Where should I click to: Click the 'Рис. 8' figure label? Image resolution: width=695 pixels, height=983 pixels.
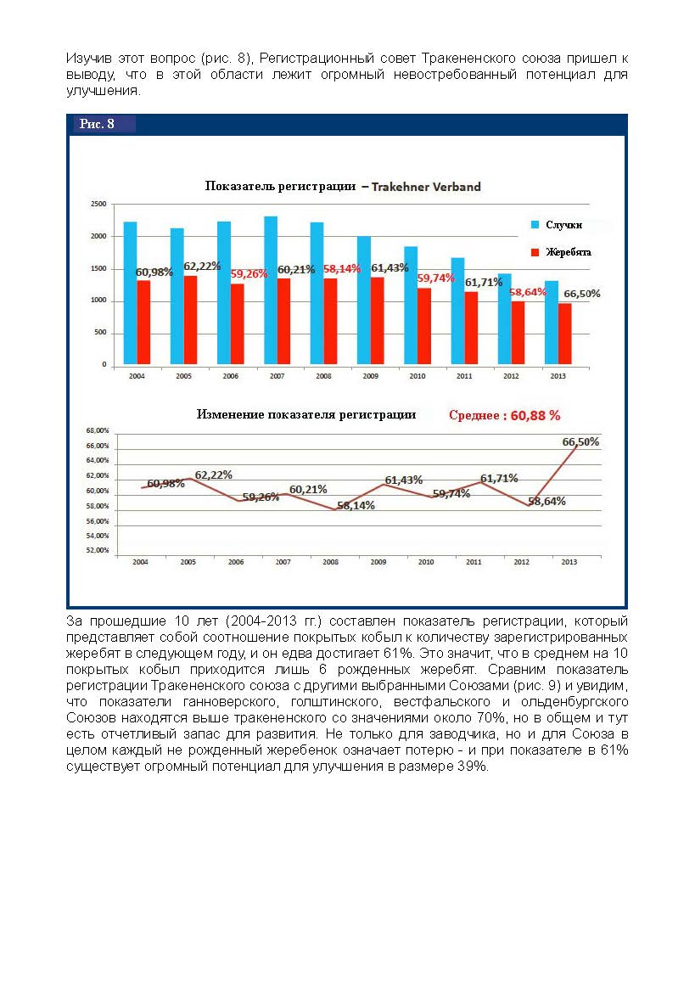point(97,125)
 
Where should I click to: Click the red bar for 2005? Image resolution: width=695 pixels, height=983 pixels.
point(191,320)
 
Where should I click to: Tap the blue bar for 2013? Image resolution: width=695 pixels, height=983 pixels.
point(552,323)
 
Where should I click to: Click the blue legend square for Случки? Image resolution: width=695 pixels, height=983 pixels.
point(535,225)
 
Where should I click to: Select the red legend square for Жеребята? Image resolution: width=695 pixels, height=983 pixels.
point(535,252)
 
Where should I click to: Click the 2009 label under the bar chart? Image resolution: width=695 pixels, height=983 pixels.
point(370,374)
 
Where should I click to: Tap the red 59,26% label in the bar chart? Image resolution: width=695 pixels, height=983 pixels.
point(249,274)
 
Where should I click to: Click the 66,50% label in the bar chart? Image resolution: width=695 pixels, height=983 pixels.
point(582,294)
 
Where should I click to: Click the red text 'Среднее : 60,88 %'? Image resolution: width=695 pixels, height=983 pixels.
point(505,416)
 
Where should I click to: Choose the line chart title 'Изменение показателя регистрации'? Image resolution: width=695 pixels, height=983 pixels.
point(306,415)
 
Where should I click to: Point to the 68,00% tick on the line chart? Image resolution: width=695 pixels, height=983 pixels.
point(98,431)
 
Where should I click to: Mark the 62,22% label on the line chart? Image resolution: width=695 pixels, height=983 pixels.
point(214,475)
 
